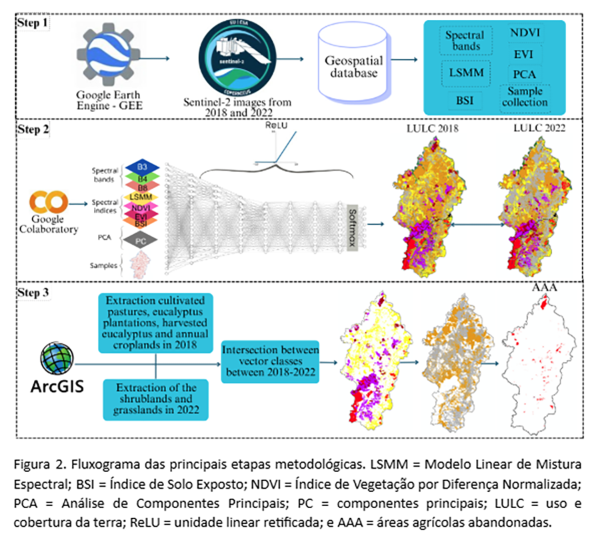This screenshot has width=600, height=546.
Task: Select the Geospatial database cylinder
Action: coord(352,61)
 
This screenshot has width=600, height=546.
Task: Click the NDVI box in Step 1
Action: coord(525,33)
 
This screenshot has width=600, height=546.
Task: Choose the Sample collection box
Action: coord(526,97)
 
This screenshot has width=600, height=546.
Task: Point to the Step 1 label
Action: coord(33,22)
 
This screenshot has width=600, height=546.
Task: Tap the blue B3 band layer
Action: coord(141,166)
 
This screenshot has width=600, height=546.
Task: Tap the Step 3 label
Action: coord(34,293)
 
